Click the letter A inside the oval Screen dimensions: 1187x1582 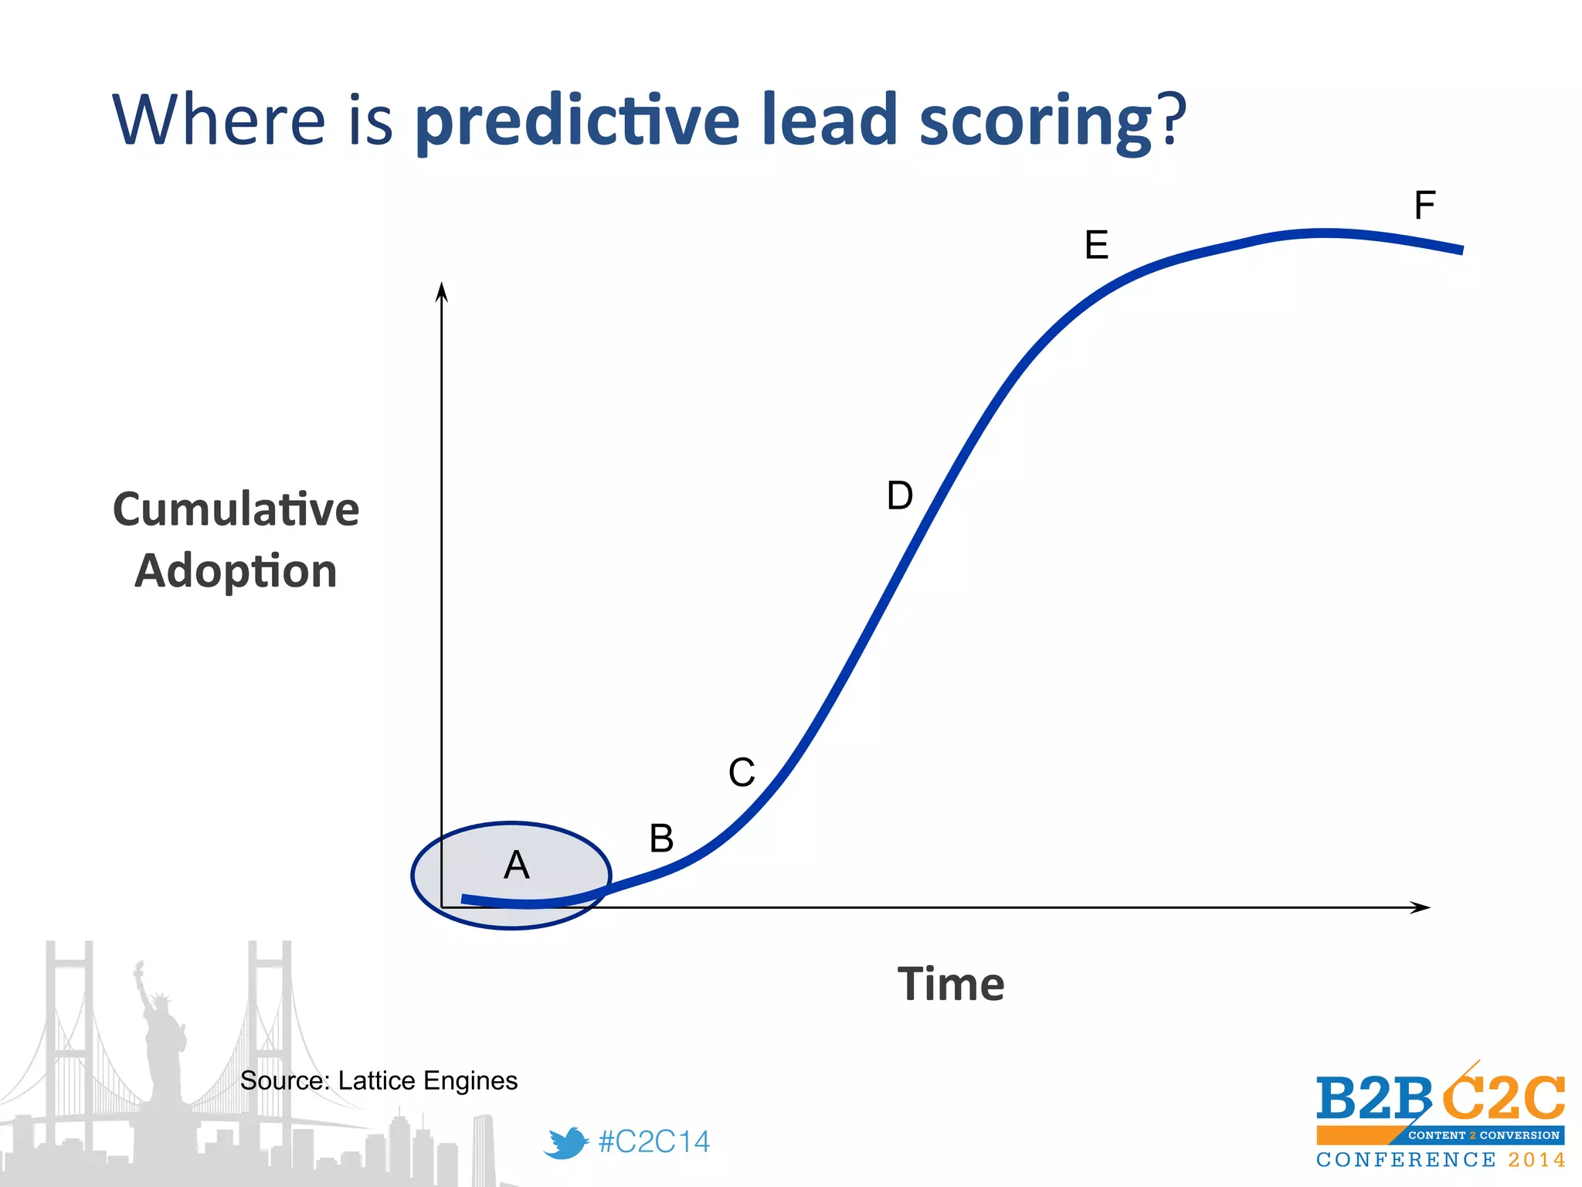click(x=516, y=865)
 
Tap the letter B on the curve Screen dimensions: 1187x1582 click(x=661, y=838)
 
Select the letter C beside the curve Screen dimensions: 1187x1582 click(x=742, y=772)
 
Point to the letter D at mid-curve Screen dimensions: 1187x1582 click(x=900, y=495)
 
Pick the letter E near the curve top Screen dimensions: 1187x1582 click(x=1096, y=245)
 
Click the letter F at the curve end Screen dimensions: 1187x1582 click(x=1424, y=206)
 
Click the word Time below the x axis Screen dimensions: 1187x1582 click(x=951, y=984)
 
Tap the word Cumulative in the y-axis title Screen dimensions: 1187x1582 click(x=236, y=509)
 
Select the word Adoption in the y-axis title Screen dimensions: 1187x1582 click(x=236, y=571)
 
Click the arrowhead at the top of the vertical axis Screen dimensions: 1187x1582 click(x=442, y=291)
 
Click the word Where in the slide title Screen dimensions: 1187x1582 click(x=219, y=120)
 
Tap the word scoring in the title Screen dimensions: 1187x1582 click(x=1035, y=122)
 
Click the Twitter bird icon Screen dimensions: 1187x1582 click(x=566, y=1142)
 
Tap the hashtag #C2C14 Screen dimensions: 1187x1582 click(x=654, y=1141)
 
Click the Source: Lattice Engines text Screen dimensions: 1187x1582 click(x=379, y=1080)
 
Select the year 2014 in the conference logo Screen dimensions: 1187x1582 click(x=1536, y=1160)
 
